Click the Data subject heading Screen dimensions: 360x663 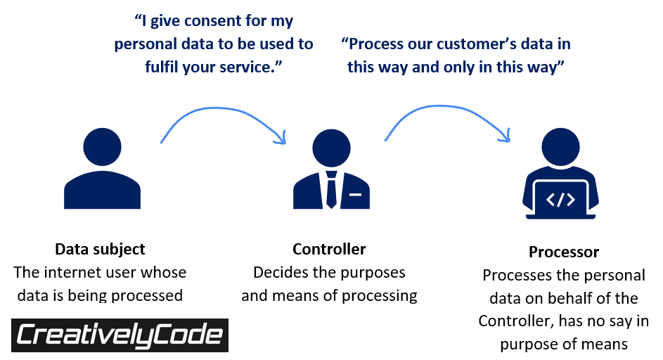coord(100,249)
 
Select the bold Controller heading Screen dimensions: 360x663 coord(329,249)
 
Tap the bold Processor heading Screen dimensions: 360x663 coord(564,252)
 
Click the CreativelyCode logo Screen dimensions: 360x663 coord(120,335)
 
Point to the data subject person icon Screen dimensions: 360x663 coord(102,169)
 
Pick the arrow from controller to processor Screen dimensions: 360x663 coord(447,116)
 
